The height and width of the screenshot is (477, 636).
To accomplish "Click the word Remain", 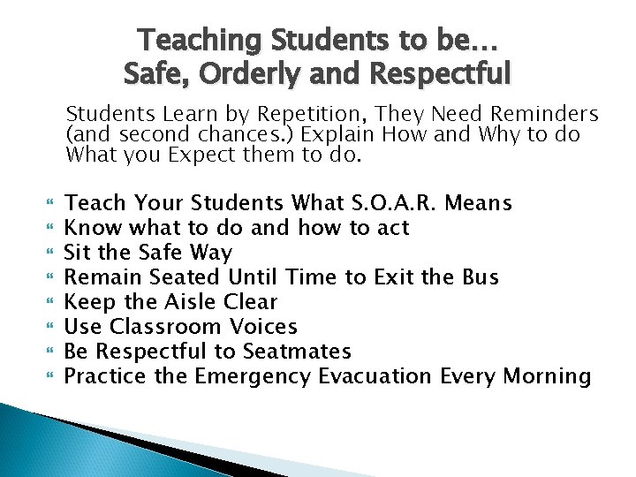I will coord(101,277).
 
